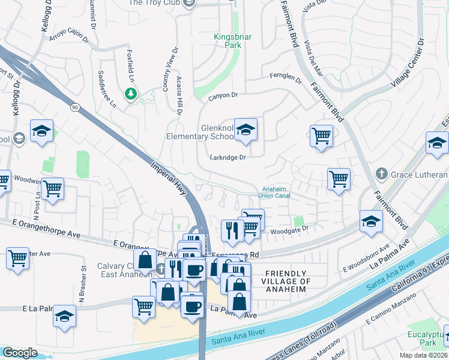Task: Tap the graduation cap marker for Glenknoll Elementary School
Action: click(246, 130)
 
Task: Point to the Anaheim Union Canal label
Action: click(274, 191)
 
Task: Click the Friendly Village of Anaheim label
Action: click(286, 281)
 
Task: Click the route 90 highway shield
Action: click(74, 107)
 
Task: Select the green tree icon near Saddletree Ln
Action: click(130, 94)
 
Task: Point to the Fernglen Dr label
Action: click(286, 77)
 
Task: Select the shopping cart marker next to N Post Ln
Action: click(53, 190)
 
